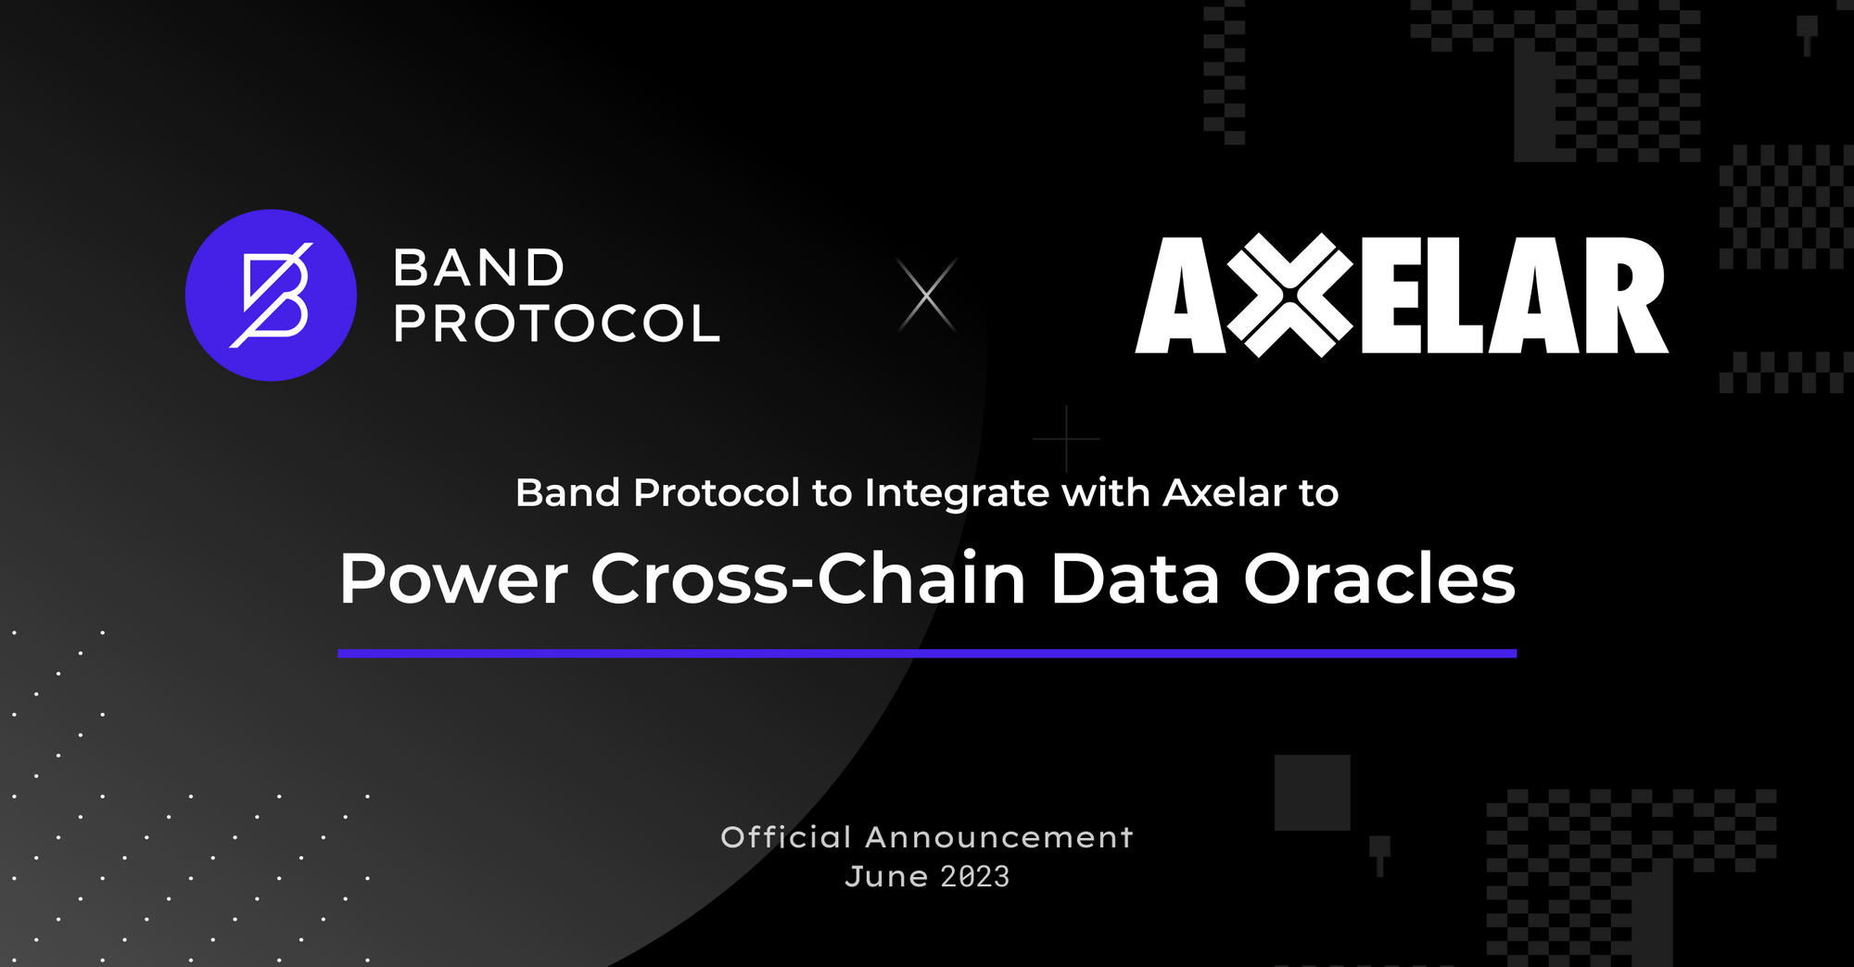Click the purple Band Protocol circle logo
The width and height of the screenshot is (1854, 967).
tap(271, 295)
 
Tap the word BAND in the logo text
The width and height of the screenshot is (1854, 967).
tap(478, 269)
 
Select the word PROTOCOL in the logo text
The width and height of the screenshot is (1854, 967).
tap(556, 324)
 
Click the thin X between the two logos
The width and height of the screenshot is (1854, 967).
tap(926, 295)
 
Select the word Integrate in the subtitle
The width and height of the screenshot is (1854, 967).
tap(958, 494)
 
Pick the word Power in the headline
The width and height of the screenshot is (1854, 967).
tap(453, 579)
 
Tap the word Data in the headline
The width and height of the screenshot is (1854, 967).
tap(1135, 579)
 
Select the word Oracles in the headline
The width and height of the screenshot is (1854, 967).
tap(1379, 579)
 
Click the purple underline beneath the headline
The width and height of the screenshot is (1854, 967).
tap(927, 654)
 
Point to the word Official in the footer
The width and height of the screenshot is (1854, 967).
tap(786, 837)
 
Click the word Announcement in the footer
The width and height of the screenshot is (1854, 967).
tap(999, 837)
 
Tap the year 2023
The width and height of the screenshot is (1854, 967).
tap(975, 877)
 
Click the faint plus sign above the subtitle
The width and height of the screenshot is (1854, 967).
tap(1067, 438)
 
